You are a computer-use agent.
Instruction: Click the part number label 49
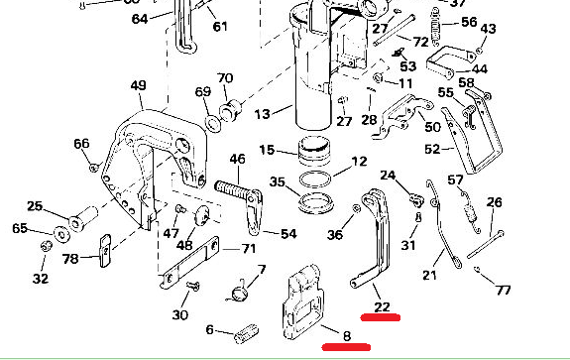138,85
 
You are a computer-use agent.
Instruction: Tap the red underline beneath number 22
381,317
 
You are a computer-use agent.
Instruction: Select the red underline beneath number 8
346,347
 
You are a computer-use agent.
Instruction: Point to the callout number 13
262,114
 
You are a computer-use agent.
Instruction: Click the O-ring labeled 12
316,179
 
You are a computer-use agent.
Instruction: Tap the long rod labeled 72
395,30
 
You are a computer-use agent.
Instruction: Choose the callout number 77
504,290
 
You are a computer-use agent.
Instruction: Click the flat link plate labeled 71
189,262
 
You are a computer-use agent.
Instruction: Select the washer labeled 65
62,234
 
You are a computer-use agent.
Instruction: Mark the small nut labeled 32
47,246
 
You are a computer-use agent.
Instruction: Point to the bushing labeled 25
83,218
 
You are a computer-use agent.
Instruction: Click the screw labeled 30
193,286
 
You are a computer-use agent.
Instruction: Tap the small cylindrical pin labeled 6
247,333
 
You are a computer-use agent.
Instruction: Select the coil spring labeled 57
471,212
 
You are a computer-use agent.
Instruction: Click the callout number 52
432,149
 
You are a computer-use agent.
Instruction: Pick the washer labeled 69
213,124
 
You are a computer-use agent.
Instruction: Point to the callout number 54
288,233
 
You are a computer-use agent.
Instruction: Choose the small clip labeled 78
105,251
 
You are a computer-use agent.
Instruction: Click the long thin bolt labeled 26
486,244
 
